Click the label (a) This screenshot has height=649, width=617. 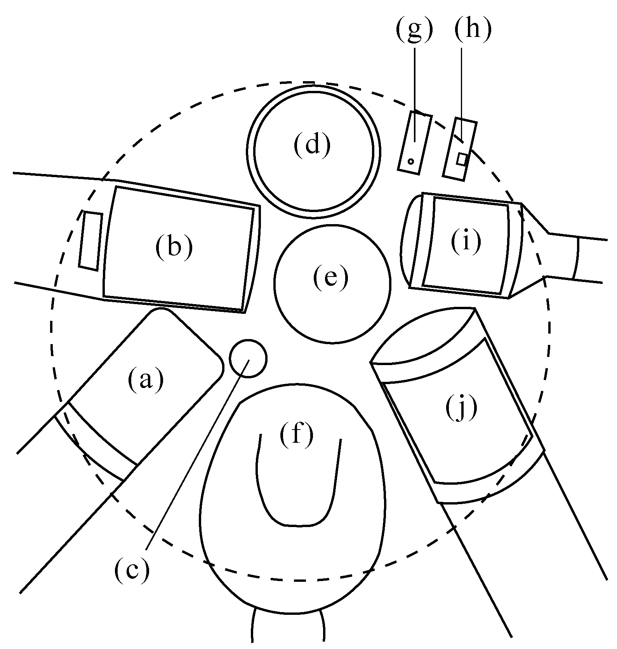[x=145, y=380]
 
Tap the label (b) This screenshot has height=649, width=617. [x=174, y=247]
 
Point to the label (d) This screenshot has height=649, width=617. [x=312, y=144]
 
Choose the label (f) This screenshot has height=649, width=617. [x=296, y=435]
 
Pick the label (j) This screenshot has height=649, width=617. [x=461, y=409]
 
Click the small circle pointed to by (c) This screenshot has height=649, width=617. [x=248, y=358]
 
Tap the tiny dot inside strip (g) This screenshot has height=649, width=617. [x=411, y=161]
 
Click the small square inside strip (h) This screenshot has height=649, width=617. [x=462, y=159]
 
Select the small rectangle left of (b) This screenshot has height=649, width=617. [x=91, y=240]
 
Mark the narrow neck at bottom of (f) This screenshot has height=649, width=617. [x=289, y=629]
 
